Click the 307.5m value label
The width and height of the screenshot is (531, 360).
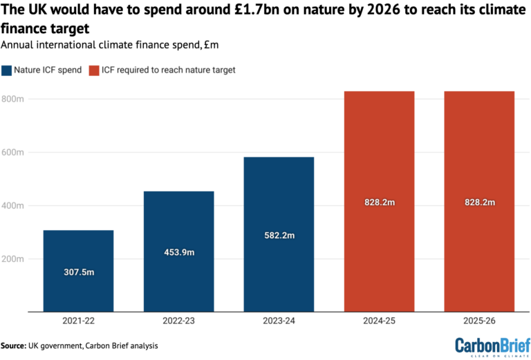(78, 272)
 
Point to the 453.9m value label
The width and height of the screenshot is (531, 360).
(178, 253)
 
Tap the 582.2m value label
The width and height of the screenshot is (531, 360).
(279, 236)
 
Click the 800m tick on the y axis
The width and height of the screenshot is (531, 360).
(13, 99)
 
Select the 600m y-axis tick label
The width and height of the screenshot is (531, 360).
(13, 152)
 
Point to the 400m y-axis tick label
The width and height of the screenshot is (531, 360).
(13, 206)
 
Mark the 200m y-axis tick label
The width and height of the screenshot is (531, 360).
(13, 259)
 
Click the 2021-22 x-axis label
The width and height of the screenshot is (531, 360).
(78, 322)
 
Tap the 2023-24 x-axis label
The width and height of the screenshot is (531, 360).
(279, 322)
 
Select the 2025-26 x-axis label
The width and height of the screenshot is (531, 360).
(479, 322)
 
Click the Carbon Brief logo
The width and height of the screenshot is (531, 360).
(490, 345)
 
